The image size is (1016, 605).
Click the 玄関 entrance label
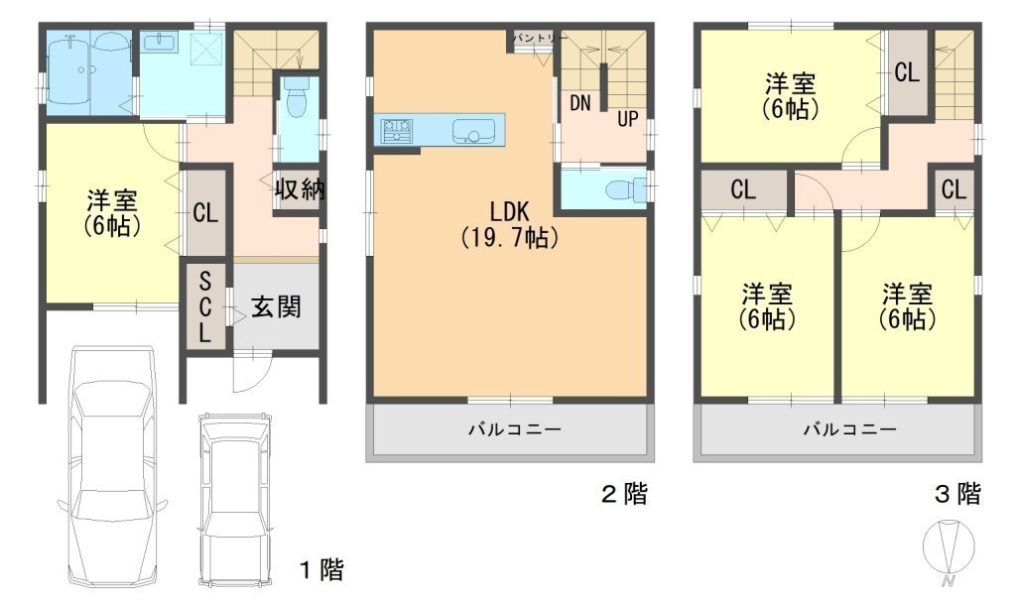(276, 306)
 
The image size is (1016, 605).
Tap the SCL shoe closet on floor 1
(205, 307)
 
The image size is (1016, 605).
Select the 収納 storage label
(300, 189)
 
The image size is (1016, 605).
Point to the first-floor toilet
(296, 97)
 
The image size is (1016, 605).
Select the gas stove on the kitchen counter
(397, 130)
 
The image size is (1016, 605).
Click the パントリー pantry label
(540, 39)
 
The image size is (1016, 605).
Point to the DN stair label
(580, 102)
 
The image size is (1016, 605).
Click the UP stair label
(627, 119)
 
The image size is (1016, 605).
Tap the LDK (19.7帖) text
(509, 224)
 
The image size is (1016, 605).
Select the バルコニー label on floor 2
(515, 428)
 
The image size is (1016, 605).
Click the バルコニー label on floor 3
(850, 428)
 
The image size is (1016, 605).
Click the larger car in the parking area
(111, 466)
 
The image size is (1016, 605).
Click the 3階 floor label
(957, 494)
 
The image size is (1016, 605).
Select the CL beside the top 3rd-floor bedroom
(907, 72)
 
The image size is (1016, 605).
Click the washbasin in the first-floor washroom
(159, 43)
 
